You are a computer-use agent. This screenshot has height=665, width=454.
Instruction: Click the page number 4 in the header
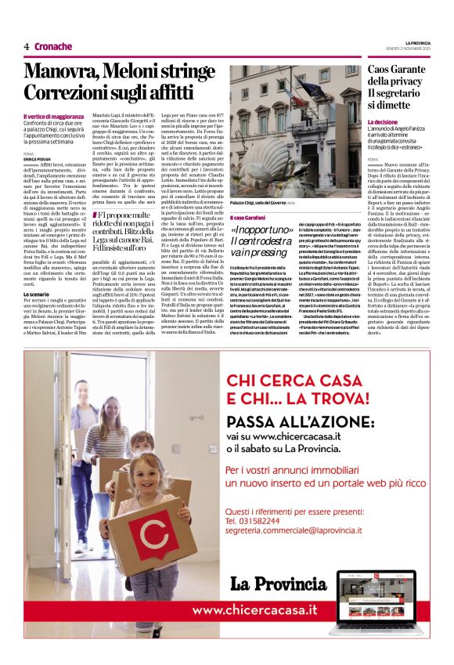pos(27,46)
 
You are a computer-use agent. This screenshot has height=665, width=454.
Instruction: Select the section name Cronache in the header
pos(53,46)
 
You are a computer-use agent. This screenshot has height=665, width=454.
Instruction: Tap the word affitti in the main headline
pos(180,92)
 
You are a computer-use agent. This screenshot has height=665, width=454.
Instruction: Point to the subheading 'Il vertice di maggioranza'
pos(52,116)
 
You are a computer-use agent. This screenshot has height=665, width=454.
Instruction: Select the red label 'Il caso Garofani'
pos(247,216)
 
